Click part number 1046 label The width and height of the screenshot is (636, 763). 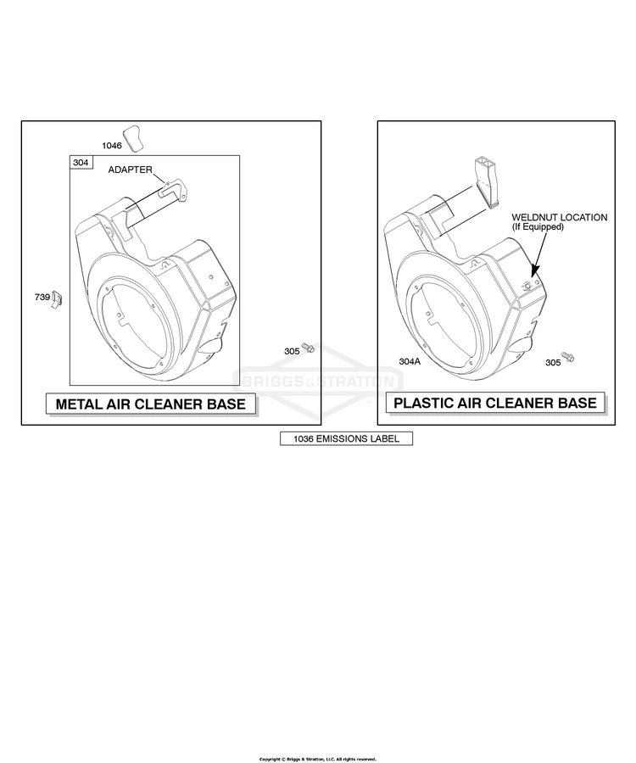click(111, 146)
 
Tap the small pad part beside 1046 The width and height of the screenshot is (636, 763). click(133, 137)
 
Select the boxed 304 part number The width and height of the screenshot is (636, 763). click(81, 163)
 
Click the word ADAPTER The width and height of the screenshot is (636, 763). click(130, 170)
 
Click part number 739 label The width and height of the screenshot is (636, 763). click(42, 297)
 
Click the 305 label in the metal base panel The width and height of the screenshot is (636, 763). click(292, 351)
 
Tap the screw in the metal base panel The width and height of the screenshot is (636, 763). click(308, 348)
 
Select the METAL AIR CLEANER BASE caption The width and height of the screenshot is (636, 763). click(151, 404)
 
